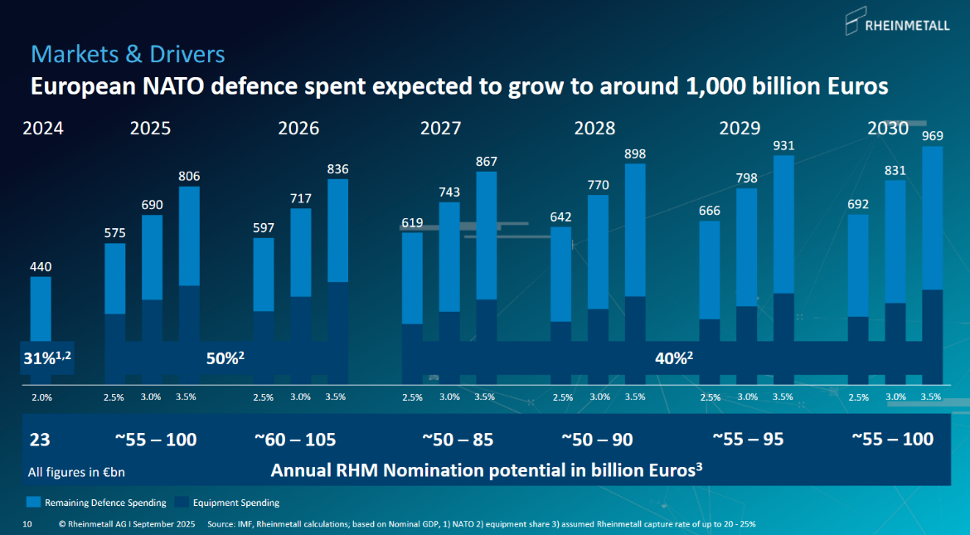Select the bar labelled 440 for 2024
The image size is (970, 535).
tap(41, 328)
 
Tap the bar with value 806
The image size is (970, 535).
tap(189, 282)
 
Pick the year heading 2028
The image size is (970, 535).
tap(594, 129)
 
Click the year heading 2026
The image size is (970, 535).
tap(298, 129)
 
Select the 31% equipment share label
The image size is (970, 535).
tap(46, 358)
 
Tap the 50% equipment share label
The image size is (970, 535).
tap(225, 358)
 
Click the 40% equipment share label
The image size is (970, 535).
tap(673, 358)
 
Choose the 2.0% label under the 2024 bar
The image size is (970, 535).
tap(41, 397)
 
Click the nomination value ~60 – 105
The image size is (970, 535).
tap(295, 439)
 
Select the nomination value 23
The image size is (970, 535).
tap(39, 439)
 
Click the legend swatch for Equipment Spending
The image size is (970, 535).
tap(184, 503)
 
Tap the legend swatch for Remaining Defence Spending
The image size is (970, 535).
tap(34, 503)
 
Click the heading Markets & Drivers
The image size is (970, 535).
tap(128, 55)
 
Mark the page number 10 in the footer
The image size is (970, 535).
tap(27, 524)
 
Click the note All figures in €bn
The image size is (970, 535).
tap(76, 472)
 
